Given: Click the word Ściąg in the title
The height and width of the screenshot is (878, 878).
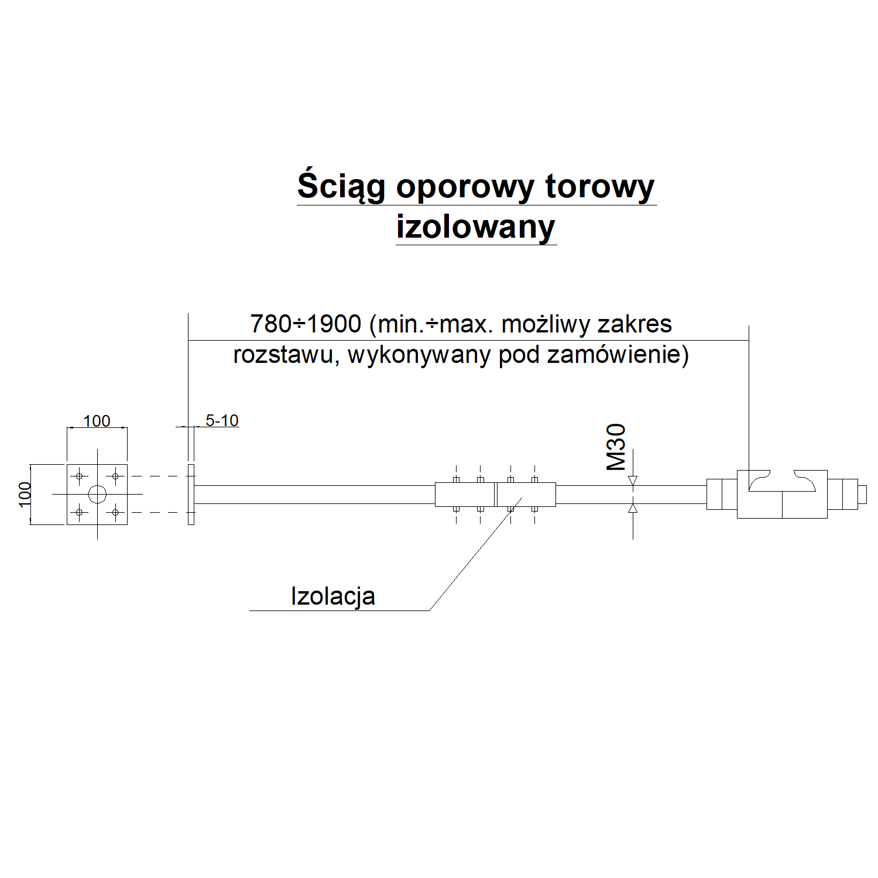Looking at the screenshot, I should [x=341, y=187].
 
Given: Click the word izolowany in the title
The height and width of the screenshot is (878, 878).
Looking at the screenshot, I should [x=475, y=227].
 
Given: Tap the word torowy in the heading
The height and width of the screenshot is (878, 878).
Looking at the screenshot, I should [x=599, y=187].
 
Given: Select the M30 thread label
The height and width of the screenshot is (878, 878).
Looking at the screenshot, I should [x=616, y=447].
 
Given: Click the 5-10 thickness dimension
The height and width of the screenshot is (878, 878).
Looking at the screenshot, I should [x=222, y=420].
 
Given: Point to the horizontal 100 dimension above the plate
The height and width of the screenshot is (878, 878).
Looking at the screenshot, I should [x=97, y=421].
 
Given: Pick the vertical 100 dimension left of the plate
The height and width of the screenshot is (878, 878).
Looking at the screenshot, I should [x=24, y=494].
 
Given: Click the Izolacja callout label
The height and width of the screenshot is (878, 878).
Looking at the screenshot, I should [x=332, y=596].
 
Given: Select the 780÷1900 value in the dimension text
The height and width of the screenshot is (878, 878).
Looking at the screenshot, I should [x=306, y=324].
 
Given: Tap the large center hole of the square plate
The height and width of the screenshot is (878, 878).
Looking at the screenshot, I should [x=97, y=495].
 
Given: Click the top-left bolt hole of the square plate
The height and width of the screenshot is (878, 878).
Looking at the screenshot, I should [x=79, y=476].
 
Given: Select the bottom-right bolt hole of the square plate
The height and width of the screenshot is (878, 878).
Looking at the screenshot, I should [x=115, y=513].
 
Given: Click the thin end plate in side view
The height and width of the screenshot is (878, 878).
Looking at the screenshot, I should [x=191, y=495].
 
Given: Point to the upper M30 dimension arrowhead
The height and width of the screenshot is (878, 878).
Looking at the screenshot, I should [x=633, y=481].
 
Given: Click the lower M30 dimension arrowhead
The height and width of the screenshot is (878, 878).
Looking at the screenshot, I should [x=633, y=509].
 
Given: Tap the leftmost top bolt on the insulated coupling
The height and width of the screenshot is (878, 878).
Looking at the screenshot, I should [x=456, y=479].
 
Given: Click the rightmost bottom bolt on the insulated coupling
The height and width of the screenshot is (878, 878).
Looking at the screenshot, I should [x=534, y=509].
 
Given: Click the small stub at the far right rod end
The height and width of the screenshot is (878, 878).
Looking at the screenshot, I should [x=862, y=495].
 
